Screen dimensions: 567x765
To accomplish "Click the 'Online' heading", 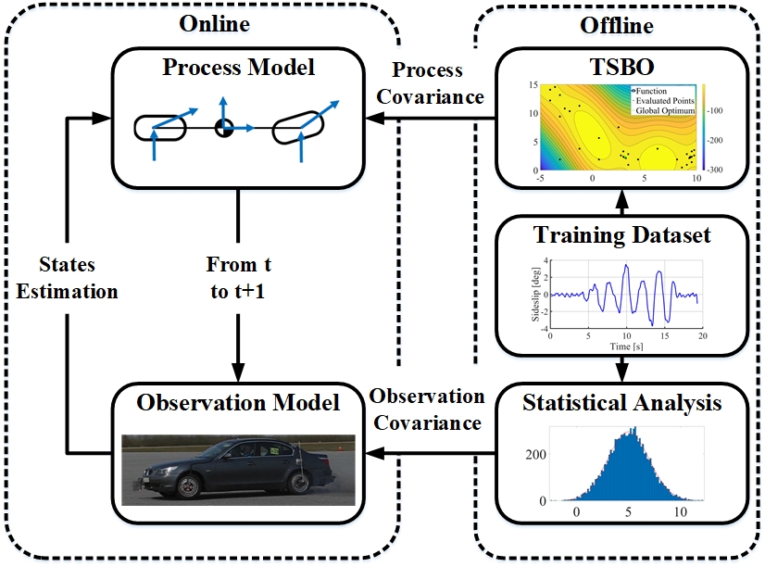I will (213, 22).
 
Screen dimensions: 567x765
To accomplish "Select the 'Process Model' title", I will (239, 69).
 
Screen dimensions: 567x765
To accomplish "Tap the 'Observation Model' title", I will (239, 402).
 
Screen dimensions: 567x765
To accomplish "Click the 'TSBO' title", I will (621, 68).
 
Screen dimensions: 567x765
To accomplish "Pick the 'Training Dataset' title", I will (621, 235).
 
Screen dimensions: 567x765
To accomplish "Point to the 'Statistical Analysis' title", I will (621, 403).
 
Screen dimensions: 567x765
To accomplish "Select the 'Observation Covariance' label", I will (427, 409).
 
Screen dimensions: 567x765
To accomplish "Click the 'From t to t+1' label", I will (238, 278).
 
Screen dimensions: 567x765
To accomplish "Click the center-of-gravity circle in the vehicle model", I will (222, 128).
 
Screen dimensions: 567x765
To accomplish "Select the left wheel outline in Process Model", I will (160, 128).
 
